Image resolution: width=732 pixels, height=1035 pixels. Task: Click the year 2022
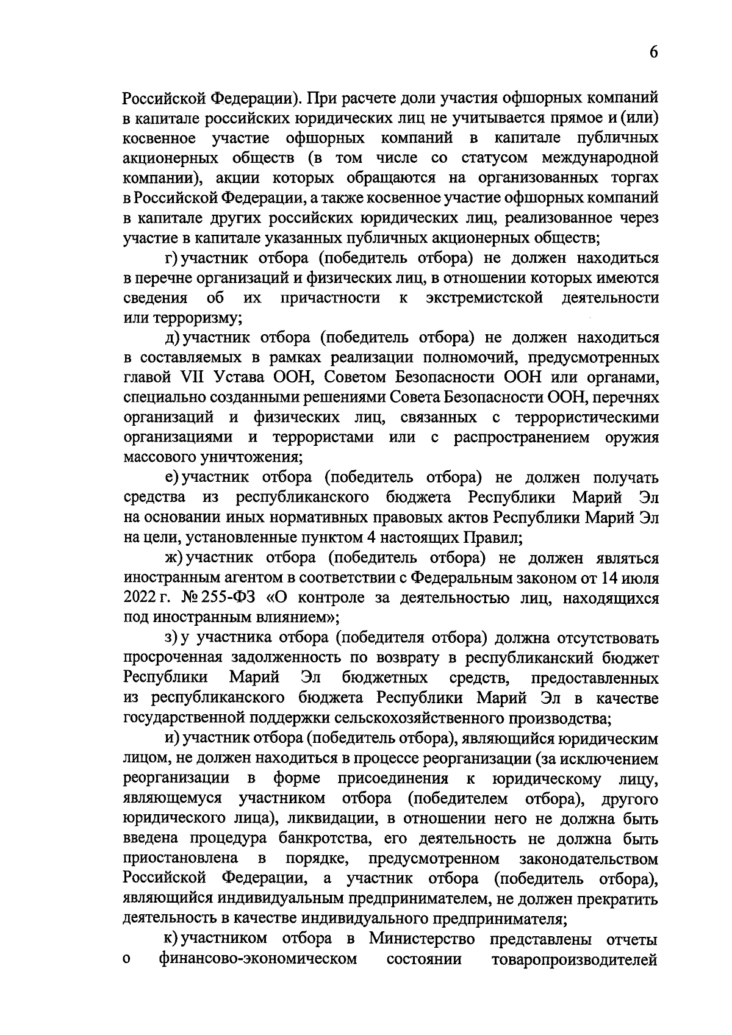140,599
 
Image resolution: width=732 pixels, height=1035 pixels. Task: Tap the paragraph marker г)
170,258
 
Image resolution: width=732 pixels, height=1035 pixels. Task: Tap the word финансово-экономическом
257,960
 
